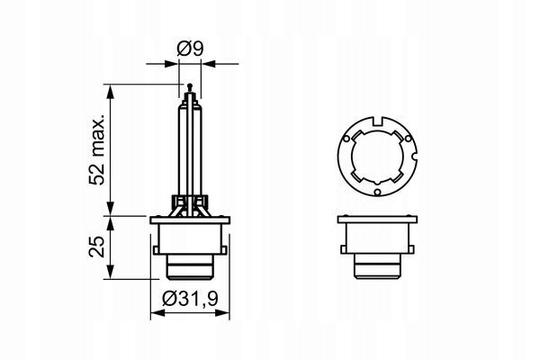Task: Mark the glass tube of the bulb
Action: point(189,144)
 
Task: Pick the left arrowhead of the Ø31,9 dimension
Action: point(155,312)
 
